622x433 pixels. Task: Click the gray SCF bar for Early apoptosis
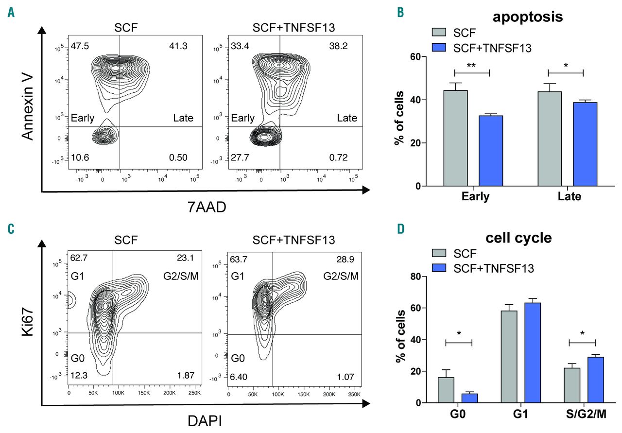coord(455,139)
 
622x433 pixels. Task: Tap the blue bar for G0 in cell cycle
coord(469,398)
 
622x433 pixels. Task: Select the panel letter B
coord(400,13)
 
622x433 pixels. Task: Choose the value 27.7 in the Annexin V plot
coord(239,157)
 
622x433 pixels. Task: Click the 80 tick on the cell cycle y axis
coord(415,277)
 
